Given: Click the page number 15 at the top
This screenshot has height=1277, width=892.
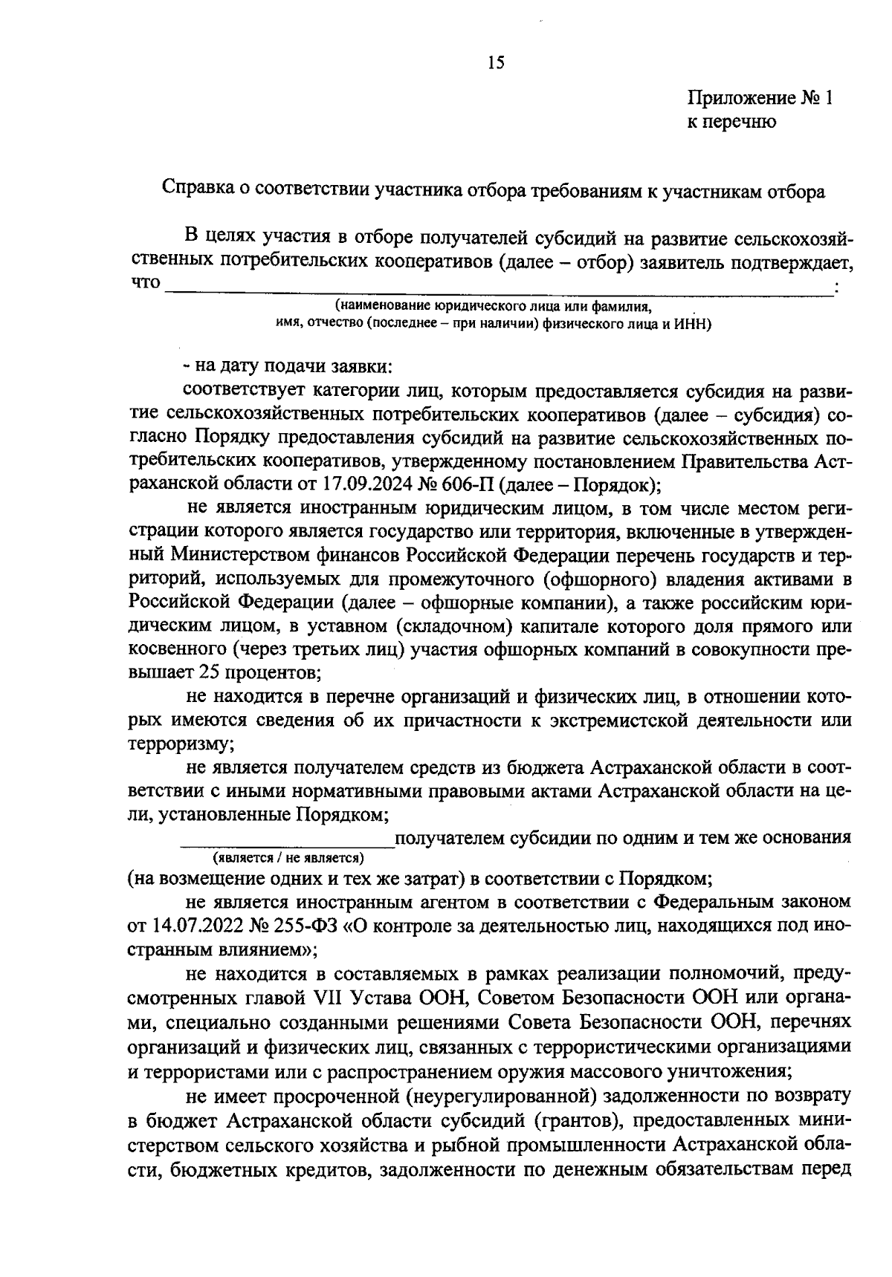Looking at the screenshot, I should pyautogui.click(x=496, y=63).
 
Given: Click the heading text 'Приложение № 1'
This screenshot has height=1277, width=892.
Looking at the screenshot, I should pyautogui.click(x=760, y=99).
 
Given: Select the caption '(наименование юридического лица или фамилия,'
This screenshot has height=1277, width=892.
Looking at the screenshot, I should pyautogui.click(x=493, y=306).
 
